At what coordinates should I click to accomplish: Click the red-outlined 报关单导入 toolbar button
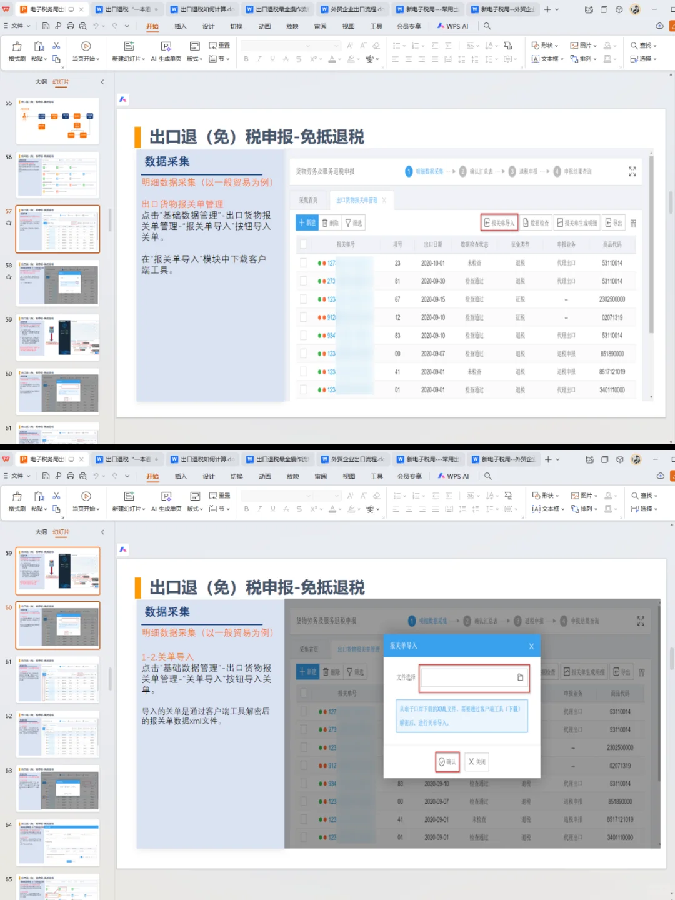[x=499, y=222]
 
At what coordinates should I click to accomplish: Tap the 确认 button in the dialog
[x=447, y=762]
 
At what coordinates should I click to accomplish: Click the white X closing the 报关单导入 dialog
[x=531, y=646]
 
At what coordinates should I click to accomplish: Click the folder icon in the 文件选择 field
[x=520, y=677]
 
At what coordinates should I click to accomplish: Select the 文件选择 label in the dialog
[x=406, y=677]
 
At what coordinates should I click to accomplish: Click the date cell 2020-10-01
[x=433, y=263]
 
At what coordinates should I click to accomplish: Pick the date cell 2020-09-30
[x=433, y=281]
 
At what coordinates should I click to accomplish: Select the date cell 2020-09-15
[x=433, y=299]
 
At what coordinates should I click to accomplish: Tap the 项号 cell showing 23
[x=397, y=263]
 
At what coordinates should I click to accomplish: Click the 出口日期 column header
[x=433, y=244]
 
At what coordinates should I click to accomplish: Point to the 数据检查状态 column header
[x=474, y=244]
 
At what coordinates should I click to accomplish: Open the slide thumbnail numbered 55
[x=57, y=121]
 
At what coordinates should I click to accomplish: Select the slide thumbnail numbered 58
[x=57, y=283]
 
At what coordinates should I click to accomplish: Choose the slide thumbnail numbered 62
[x=58, y=734]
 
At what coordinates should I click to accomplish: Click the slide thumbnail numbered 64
[x=58, y=842]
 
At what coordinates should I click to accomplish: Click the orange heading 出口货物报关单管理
[x=182, y=204]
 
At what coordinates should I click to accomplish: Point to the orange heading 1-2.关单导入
[x=167, y=657]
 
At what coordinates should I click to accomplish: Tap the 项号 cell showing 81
[x=397, y=281]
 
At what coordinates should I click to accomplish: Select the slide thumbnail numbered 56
[x=57, y=174]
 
